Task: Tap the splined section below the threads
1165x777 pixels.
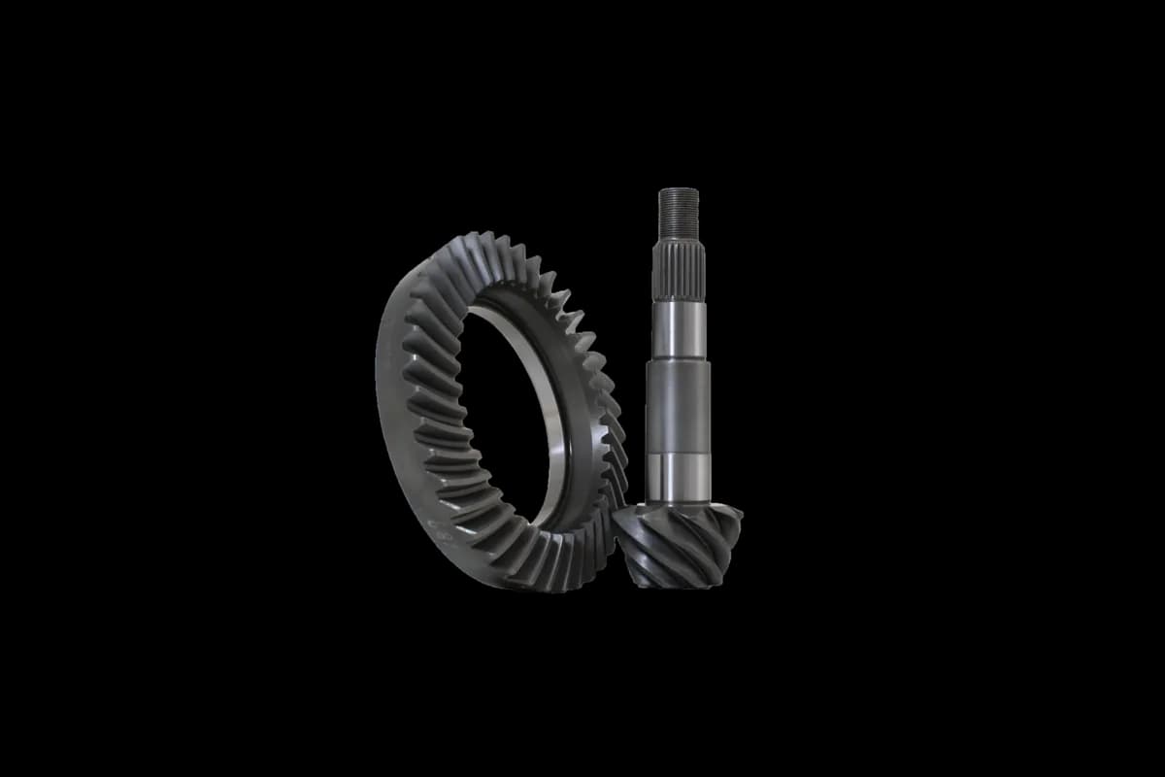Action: pyautogui.click(x=678, y=262)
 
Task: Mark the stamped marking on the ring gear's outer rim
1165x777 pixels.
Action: pyautogui.click(x=439, y=529)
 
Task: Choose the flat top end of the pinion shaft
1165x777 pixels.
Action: pyautogui.click(x=678, y=190)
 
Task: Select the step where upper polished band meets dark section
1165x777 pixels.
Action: pyautogui.click(x=678, y=360)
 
